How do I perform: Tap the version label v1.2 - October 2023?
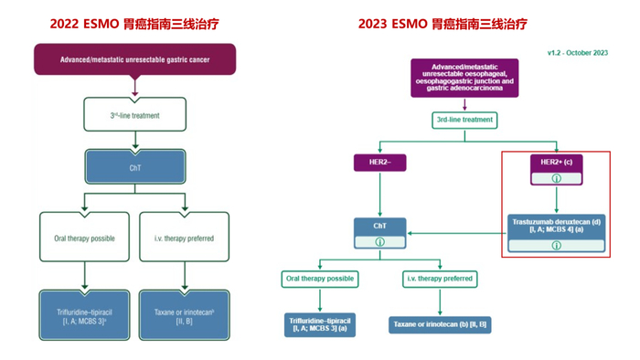click(575, 53)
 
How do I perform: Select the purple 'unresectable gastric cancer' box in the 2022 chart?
click(134, 60)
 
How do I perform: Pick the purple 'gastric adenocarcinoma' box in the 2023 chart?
click(464, 79)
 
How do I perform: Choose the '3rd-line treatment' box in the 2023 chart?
click(464, 119)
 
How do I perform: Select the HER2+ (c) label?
click(556, 162)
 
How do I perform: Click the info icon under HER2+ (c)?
click(556, 178)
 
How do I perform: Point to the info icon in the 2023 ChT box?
click(379, 242)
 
